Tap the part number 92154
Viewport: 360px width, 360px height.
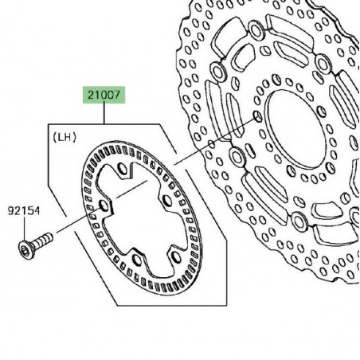pyautogui.click(x=25, y=212)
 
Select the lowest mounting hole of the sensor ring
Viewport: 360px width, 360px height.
pyautogui.click(x=137, y=259)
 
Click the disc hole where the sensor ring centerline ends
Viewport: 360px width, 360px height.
pyautogui.click(x=256, y=117)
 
